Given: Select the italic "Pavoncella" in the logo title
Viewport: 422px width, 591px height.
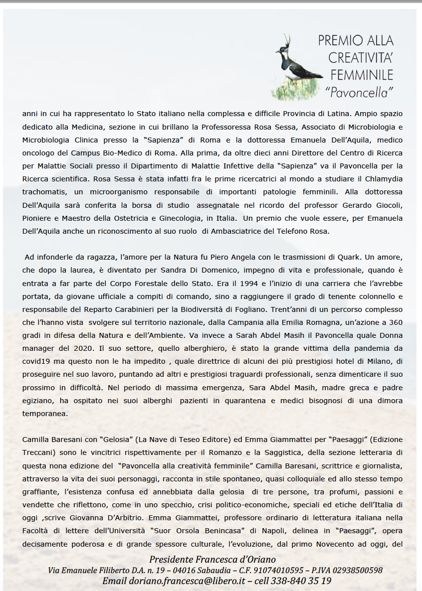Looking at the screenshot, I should [x=359, y=92].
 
